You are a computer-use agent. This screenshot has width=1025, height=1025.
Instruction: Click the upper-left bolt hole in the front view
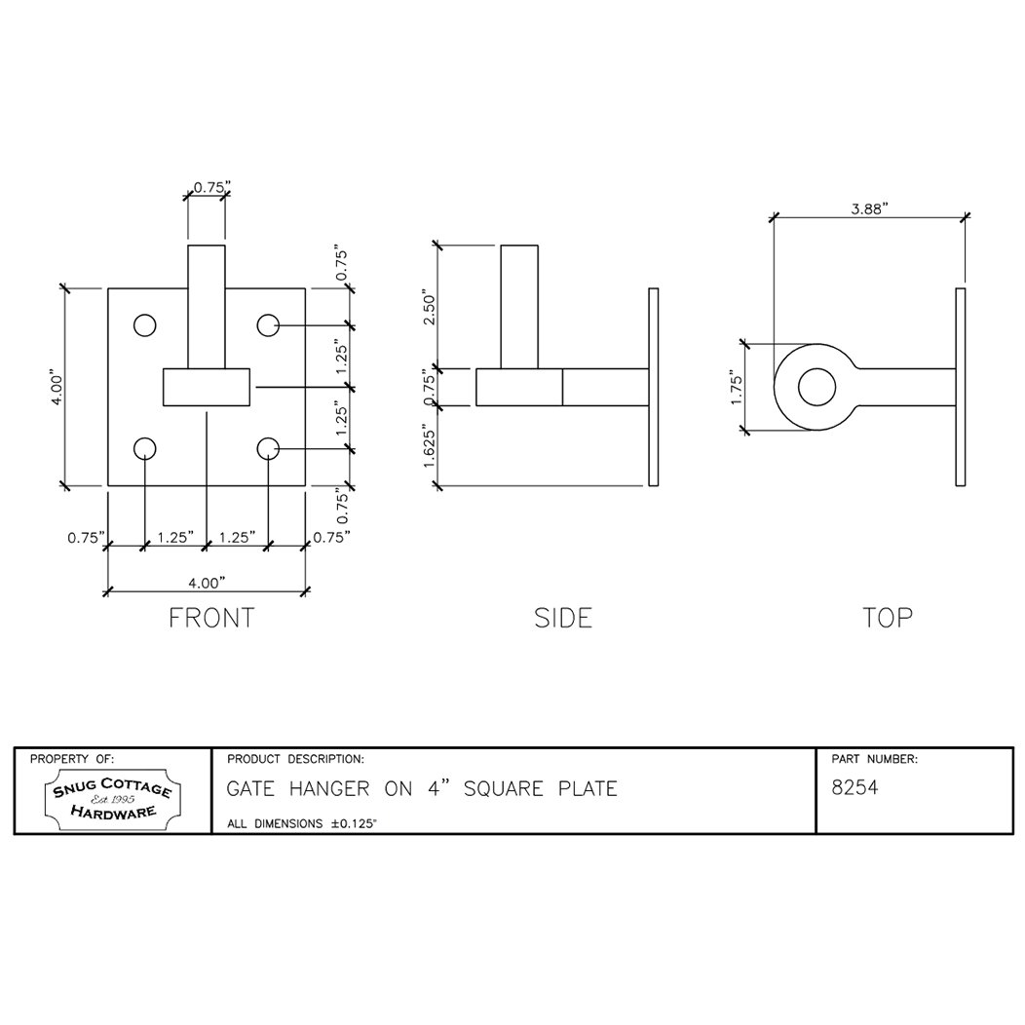(145, 325)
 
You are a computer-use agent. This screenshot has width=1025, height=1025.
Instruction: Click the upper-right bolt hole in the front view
(268, 325)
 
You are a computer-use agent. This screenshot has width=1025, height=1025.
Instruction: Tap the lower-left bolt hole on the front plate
(145, 448)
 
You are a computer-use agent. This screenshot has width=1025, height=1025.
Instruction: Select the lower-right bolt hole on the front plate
(268, 448)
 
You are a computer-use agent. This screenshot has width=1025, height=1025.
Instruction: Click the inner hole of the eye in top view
(816, 387)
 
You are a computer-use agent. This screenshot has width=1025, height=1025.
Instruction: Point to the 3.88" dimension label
(869, 209)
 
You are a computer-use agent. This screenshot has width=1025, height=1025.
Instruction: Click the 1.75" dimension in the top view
(737, 387)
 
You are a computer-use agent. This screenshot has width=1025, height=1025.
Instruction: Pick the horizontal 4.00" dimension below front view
(206, 582)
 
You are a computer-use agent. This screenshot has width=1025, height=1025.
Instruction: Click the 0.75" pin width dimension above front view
(210, 186)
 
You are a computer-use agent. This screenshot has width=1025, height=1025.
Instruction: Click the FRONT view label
(211, 618)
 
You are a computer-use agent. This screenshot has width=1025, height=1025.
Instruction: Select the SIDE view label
(563, 618)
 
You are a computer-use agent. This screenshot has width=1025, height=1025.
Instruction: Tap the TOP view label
(887, 618)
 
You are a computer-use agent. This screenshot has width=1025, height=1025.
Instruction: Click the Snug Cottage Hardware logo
(112, 800)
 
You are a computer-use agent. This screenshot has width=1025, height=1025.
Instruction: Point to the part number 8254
(854, 788)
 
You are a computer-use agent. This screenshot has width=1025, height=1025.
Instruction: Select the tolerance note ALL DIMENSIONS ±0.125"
(302, 823)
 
